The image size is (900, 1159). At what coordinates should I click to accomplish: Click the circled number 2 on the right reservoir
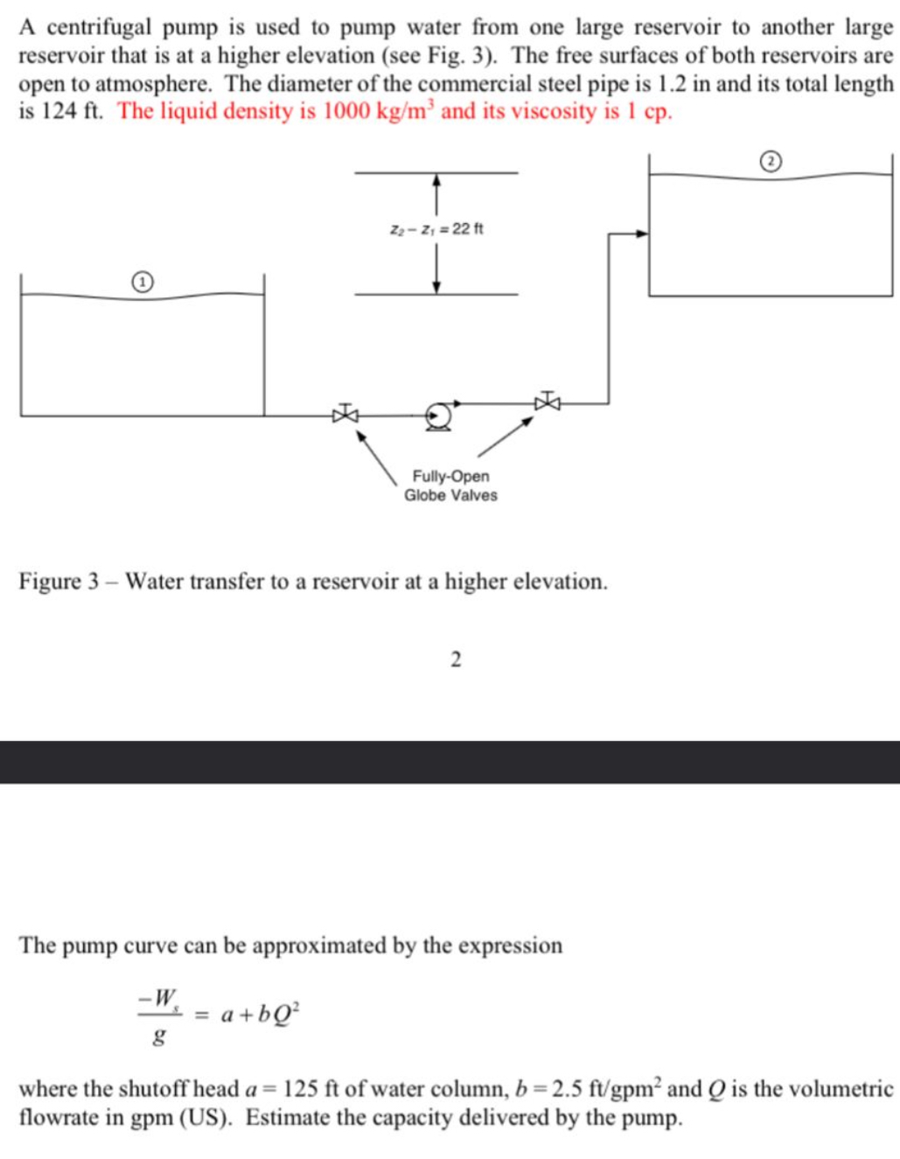pos(770,161)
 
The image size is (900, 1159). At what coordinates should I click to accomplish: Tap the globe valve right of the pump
pos(548,401)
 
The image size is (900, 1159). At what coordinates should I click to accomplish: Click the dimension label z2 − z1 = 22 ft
pos(436,229)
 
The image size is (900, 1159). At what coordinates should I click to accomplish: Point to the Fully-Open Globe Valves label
pos(450,485)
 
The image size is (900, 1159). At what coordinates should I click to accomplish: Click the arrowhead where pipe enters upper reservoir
pos(642,234)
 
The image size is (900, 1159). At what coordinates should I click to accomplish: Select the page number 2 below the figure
pos(455,660)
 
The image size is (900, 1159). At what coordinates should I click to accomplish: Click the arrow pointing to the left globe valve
pos(376,457)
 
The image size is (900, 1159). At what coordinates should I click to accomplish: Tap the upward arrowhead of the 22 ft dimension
pos(436,181)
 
